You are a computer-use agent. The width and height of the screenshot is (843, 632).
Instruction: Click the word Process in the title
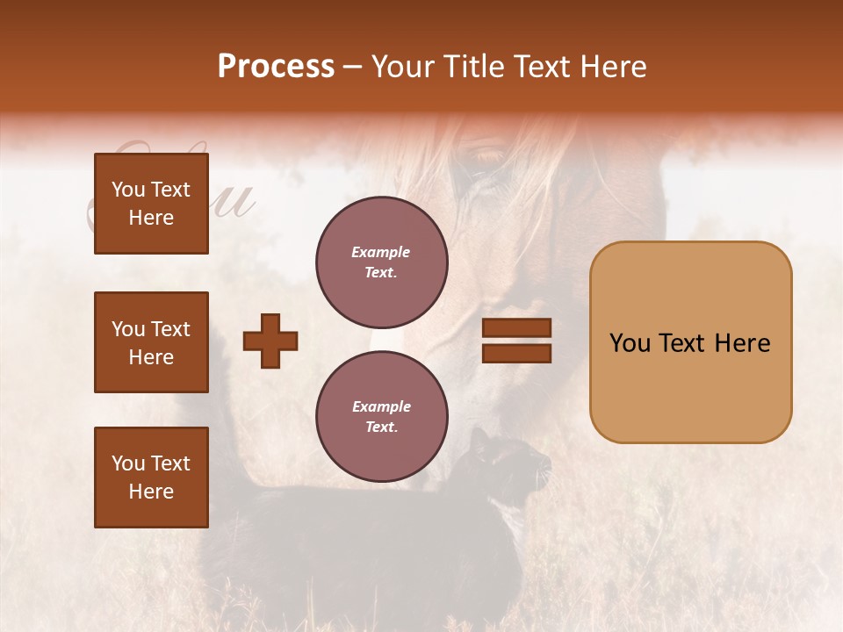pos(276,67)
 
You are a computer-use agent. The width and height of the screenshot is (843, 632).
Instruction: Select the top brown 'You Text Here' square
pos(151,204)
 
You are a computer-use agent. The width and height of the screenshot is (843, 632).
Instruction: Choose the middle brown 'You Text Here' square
pos(151,342)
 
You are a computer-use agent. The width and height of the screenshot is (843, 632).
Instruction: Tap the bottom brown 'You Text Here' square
pos(151,478)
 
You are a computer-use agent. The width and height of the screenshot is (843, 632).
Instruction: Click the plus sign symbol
pos(270,341)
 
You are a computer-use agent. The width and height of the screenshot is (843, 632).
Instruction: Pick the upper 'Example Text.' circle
pos(381,262)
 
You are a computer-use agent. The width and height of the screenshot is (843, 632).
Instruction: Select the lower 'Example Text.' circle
pos(381,417)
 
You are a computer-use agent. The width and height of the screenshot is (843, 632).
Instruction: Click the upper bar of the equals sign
pos(516,328)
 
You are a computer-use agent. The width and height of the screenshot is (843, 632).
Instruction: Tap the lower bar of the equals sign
pos(516,354)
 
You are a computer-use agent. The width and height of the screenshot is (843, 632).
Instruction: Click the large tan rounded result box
pos(690,342)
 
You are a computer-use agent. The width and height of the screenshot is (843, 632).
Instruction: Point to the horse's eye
pos(488,161)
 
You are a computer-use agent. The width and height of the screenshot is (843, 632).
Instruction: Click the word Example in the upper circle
pos(381,253)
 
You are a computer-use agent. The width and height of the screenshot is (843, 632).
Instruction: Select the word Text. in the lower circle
pos(381,427)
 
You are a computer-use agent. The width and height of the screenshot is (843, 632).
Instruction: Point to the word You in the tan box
pos(630,343)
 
